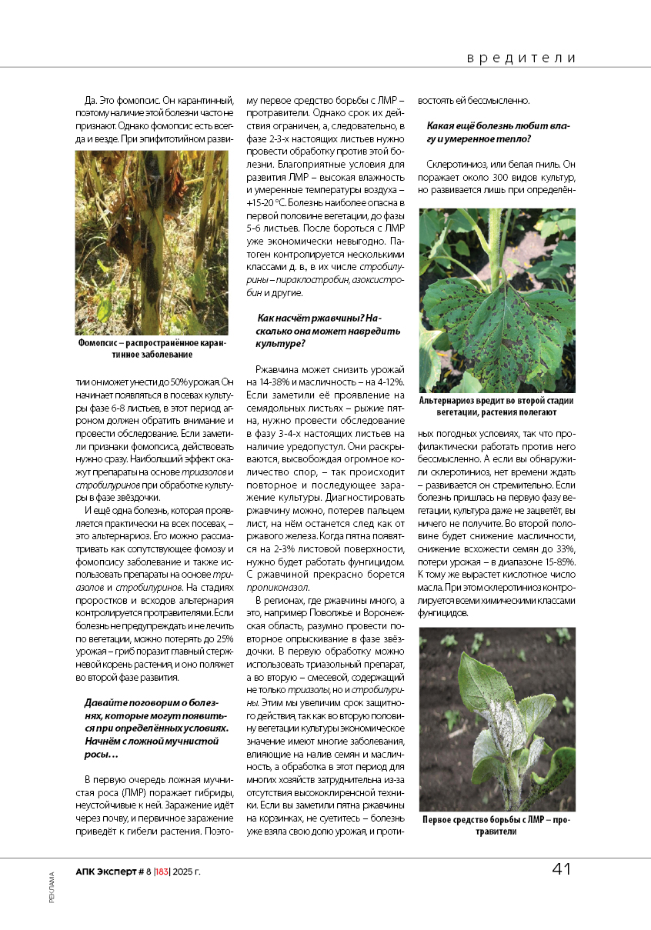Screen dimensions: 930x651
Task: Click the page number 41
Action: [x=561, y=869]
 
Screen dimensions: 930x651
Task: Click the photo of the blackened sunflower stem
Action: [x=152, y=242]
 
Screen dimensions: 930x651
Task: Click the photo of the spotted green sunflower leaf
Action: [x=497, y=300]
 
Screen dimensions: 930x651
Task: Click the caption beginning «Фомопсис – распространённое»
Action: [x=152, y=348]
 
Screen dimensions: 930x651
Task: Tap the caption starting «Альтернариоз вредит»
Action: [x=497, y=406]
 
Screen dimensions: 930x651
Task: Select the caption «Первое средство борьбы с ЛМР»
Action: [x=497, y=825]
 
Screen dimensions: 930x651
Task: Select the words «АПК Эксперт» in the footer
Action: [x=105, y=872]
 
